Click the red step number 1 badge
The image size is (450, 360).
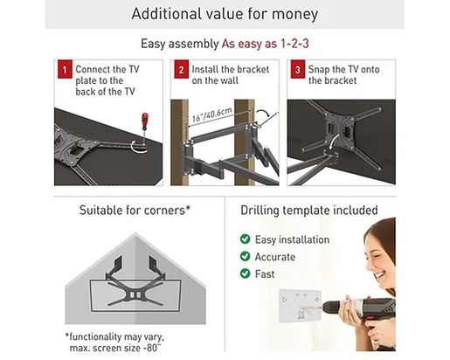(65, 69)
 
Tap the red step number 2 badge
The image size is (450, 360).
(181, 69)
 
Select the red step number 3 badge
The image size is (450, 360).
(298, 69)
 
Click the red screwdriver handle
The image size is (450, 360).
(144, 120)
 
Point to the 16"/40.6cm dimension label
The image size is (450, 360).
(212, 114)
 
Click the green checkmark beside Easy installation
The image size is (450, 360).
(245, 239)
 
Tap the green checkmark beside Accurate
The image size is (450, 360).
(245, 256)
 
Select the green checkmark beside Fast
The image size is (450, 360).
(245, 273)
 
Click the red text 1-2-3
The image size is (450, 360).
(294, 44)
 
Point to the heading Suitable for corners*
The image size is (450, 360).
(135, 210)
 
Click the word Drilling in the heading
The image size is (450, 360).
(260, 211)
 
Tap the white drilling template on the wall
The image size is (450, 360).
(300, 306)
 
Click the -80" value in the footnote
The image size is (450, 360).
(152, 348)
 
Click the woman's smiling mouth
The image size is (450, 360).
(380, 274)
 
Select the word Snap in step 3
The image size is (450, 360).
(319, 70)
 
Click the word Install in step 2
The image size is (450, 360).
(204, 69)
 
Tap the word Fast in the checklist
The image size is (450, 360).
(265, 274)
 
